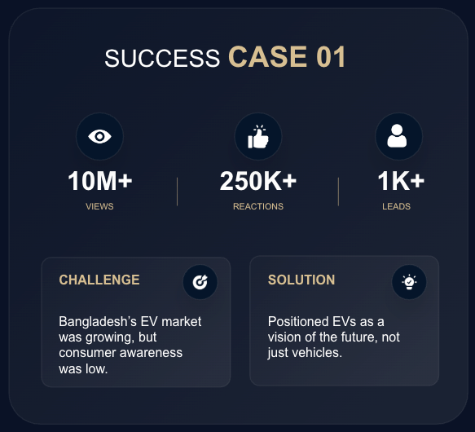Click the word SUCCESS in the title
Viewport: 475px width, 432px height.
[162, 58]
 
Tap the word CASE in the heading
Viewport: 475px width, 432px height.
[268, 57]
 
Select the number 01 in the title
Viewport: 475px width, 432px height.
[331, 57]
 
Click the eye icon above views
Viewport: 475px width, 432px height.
[99, 136]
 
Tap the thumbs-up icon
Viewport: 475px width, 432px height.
[258, 137]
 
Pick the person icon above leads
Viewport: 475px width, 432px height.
[397, 136]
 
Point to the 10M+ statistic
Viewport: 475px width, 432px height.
[100, 181]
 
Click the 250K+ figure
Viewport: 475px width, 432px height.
[258, 181]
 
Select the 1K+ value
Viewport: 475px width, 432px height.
[401, 181]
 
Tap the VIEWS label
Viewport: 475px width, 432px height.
[99, 206]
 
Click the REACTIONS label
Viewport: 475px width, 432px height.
[258, 206]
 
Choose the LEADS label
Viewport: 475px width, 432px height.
[396, 206]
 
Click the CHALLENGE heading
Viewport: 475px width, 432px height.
[99, 280]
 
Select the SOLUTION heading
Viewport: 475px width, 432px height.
[301, 280]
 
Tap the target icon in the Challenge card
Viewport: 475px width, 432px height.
[200, 282]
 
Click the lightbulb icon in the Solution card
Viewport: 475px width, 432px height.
[409, 282]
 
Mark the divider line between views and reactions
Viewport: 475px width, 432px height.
[178, 192]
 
